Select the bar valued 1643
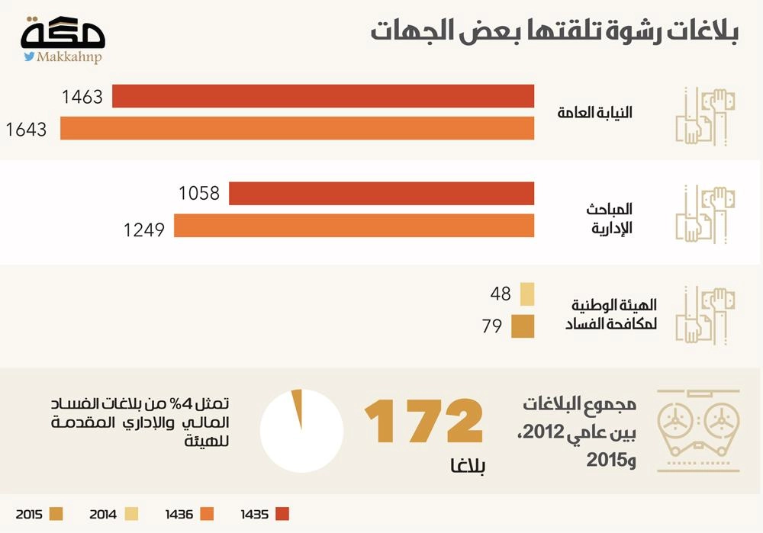297,129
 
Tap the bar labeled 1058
381,194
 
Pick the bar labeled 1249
353,226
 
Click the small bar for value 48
526,294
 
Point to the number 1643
26,130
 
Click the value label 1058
199,194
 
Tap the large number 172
423,420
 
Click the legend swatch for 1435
282,514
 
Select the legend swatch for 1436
207,514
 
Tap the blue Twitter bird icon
28,56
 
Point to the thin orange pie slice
298,407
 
